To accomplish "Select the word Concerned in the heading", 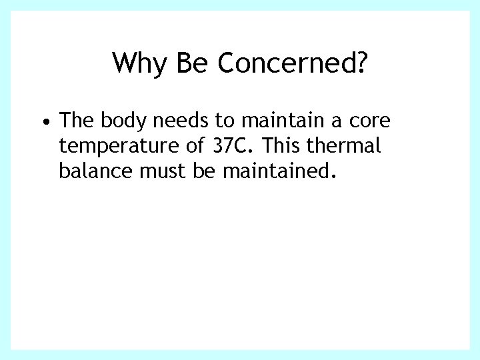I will tap(285, 63).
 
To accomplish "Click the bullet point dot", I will tap(43, 123).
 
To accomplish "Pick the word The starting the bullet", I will tap(76, 121).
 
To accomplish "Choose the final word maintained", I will tap(277, 171).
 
